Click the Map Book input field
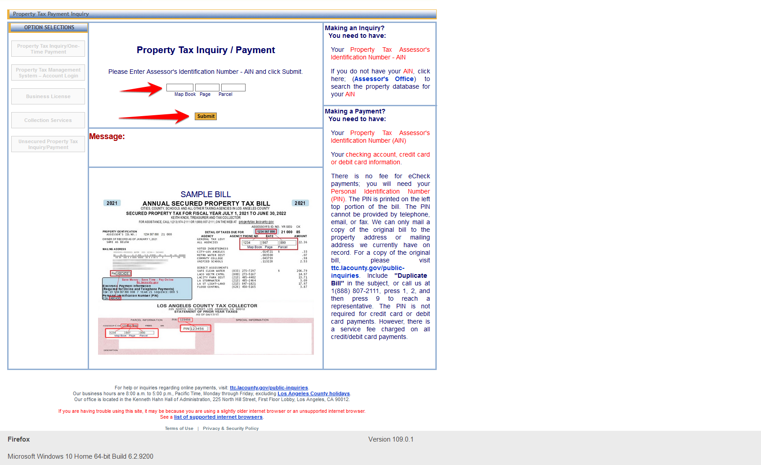pos(179,87)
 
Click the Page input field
pos(207,87)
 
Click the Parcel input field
pos(233,87)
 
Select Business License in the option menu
pos(48,96)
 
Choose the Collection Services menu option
pos(48,120)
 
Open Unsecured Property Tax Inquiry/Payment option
pos(48,144)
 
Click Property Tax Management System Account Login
pos(48,72)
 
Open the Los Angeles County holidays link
pos(313,393)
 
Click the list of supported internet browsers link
pos(218,417)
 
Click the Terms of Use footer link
pos(179,429)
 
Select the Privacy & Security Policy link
pos(230,429)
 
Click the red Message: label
pos(107,136)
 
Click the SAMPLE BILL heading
pos(206,194)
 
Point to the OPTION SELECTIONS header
pos(49,27)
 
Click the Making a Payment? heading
pos(355,111)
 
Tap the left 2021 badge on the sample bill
pos(112,203)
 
